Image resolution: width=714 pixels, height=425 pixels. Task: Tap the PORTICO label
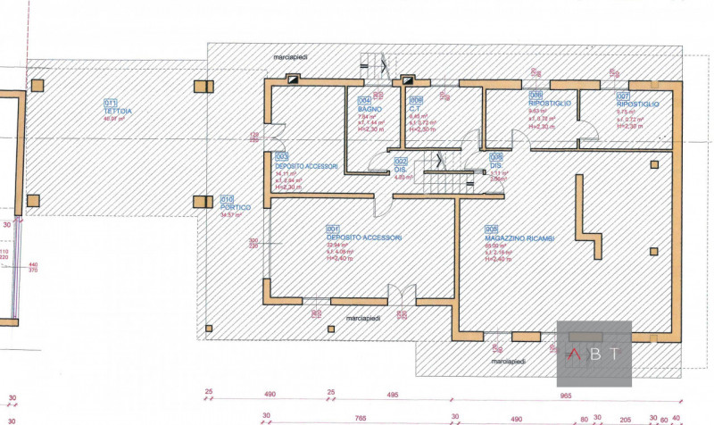(237, 206)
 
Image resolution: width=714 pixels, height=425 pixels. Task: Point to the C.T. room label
(415, 109)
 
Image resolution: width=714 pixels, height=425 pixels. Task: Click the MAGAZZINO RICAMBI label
(520, 238)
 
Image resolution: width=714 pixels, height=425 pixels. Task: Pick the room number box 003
(282, 155)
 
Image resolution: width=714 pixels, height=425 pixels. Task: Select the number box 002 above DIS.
(401, 161)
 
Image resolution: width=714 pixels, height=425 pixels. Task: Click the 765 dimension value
(359, 416)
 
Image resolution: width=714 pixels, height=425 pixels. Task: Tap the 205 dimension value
(625, 416)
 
